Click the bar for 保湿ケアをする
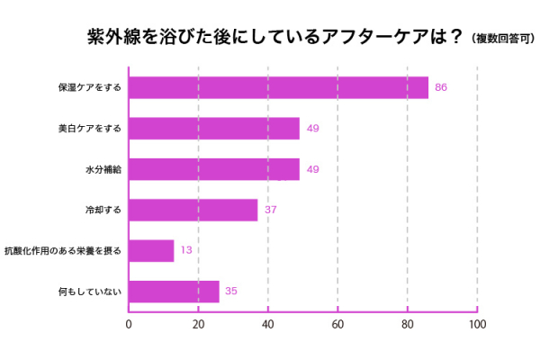coord(278,87)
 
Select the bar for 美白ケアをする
coord(214,129)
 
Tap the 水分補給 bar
coord(214,169)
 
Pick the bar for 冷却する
coord(193,211)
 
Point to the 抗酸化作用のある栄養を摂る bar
coord(151,251)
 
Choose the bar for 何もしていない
coord(174,292)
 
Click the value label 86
coord(441,87)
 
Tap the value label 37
coord(270,211)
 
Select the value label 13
coord(186,251)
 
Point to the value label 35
coord(231,292)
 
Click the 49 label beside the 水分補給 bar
coord(313,169)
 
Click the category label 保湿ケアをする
coord(89,88)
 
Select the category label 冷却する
coord(103,211)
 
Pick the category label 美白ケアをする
coord(89,129)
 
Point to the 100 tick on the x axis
coord(477,324)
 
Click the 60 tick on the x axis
coord(337,324)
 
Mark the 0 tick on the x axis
coord(129,324)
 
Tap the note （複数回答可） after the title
coord(503,39)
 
